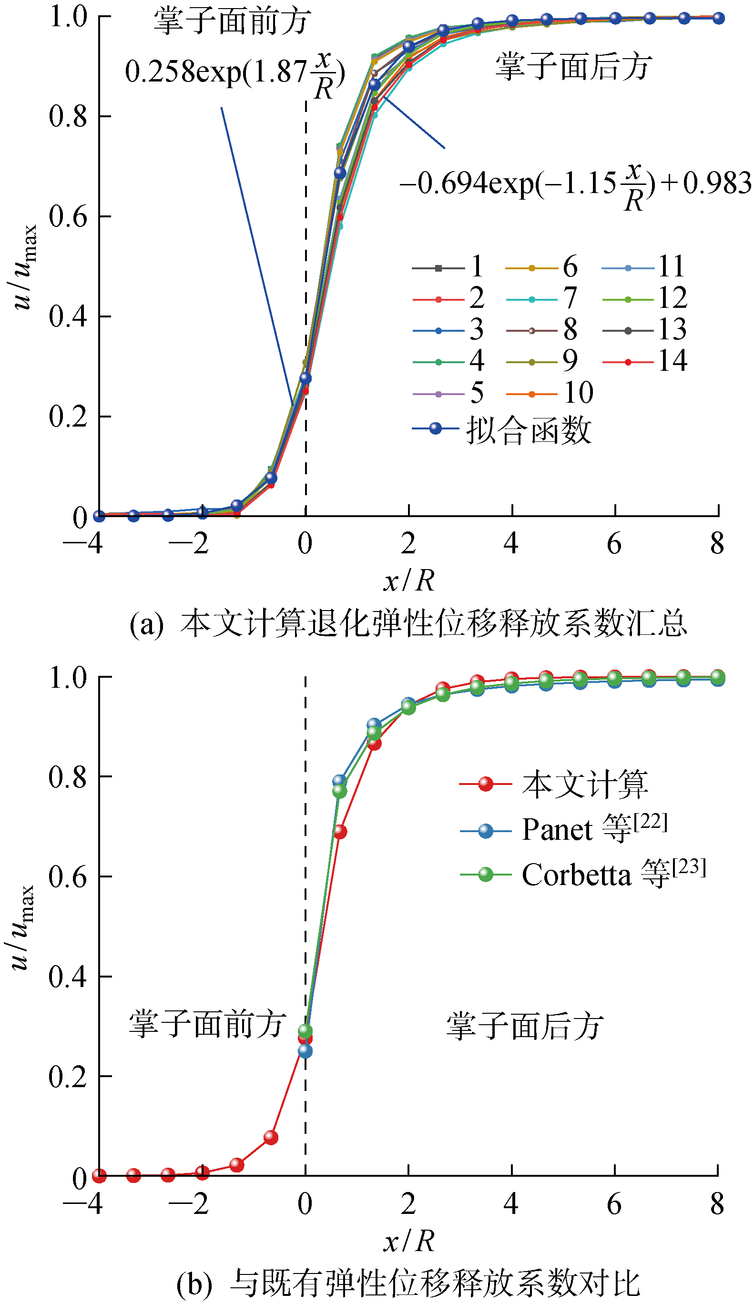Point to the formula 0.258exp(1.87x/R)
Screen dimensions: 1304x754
point(234,72)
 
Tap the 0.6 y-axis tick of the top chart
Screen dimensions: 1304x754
point(68,216)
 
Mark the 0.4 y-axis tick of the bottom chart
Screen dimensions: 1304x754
point(67,977)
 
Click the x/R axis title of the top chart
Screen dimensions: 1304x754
point(409,580)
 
